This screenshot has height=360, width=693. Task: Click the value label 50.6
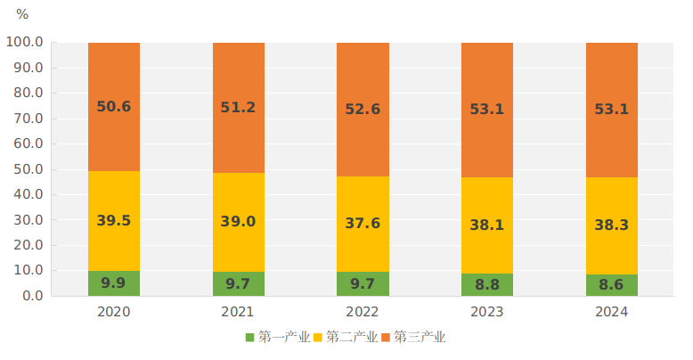click(x=114, y=107)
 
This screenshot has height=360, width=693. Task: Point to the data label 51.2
click(x=238, y=108)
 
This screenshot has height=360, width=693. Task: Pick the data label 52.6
click(x=363, y=110)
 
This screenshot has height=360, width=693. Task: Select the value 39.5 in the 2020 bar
click(x=114, y=221)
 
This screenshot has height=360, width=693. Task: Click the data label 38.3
click(x=611, y=226)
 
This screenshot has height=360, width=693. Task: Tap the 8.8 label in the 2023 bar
click(x=486, y=284)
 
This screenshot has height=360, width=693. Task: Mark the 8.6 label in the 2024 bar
click(x=611, y=285)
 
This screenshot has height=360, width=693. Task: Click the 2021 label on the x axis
click(x=238, y=312)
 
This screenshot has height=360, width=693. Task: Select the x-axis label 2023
click(x=486, y=312)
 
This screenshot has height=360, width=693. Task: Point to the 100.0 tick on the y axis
click(x=25, y=42)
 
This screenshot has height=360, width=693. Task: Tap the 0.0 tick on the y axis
click(x=32, y=296)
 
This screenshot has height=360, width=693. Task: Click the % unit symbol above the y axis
click(x=22, y=14)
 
